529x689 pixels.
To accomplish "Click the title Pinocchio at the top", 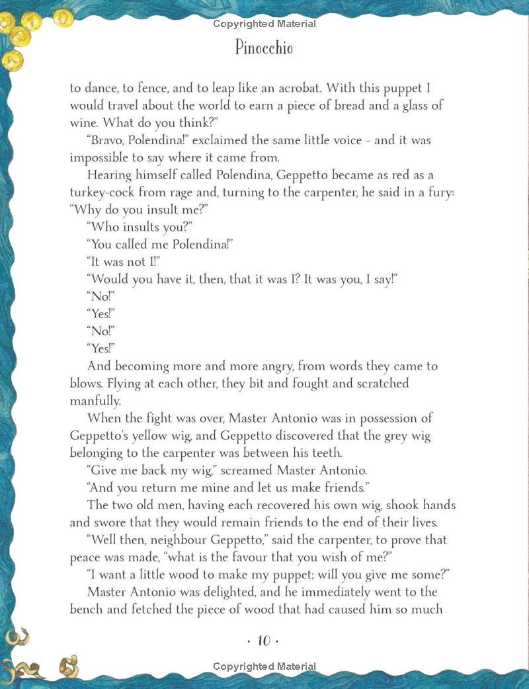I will [x=264, y=48].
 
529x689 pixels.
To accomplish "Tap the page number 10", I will [x=264, y=641].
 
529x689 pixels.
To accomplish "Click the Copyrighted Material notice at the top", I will [x=264, y=24].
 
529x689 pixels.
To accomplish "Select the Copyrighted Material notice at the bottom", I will [x=264, y=667].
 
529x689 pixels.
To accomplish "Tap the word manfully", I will [x=96, y=400].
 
